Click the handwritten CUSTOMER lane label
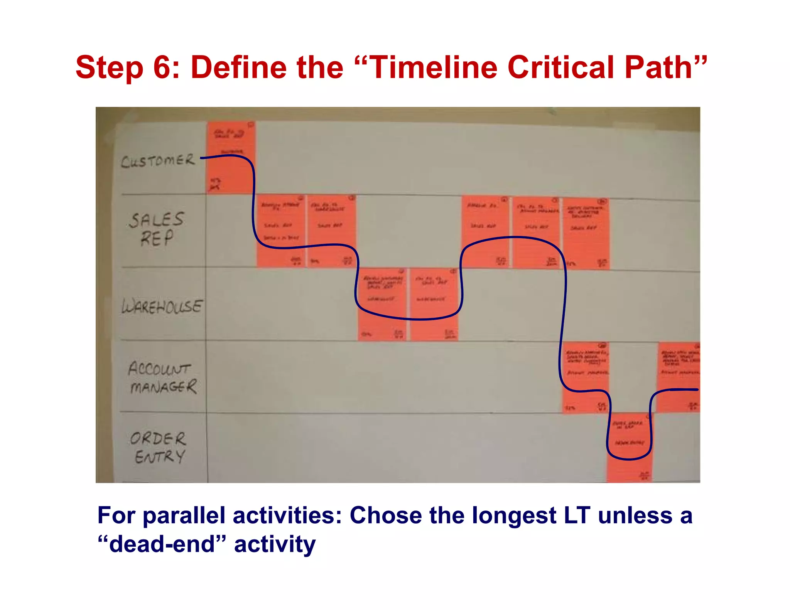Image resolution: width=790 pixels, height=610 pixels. tap(158, 160)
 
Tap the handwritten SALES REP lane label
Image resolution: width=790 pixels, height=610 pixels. tap(156, 229)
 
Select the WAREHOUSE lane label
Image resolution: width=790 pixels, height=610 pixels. tap(161, 307)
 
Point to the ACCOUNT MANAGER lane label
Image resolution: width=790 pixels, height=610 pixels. tap(162, 377)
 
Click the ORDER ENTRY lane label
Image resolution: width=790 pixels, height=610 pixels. tap(158, 447)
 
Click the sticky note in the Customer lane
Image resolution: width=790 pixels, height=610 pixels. tap(231, 157)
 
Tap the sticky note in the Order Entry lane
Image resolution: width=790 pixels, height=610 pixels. tap(629, 447)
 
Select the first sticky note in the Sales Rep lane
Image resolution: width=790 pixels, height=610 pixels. tap(280, 231)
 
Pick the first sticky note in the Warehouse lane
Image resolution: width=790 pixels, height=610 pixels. tap(382, 305)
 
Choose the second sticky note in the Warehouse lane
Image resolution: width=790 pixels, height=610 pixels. tap(434, 305)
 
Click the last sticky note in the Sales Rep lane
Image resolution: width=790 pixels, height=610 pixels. tap(586, 233)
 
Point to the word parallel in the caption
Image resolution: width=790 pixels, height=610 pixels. tap(184, 516)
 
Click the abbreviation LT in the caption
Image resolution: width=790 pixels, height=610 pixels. tap(577, 516)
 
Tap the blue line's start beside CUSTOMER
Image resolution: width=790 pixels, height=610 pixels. tap(202, 158)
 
